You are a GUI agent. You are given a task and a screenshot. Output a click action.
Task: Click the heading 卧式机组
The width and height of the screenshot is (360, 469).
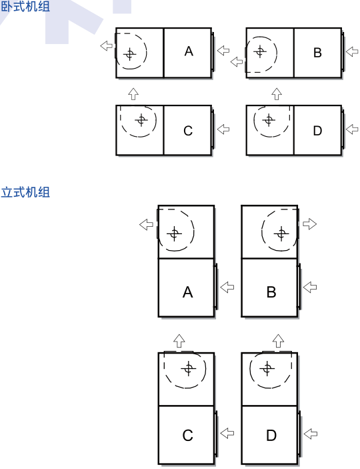(25, 6)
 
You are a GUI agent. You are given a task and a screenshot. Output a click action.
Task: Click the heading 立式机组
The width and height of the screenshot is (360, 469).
(25, 192)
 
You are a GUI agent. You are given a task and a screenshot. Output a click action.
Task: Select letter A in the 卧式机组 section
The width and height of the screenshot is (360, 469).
(189, 51)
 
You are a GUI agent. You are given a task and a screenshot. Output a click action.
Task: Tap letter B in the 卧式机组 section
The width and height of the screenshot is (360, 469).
(317, 53)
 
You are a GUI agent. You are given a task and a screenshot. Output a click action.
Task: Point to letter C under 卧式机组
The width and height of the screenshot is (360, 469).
(188, 131)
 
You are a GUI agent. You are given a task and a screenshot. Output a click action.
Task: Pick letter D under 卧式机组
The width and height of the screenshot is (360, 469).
(317, 131)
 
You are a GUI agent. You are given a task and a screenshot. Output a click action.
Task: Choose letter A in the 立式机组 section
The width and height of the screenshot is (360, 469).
(188, 292)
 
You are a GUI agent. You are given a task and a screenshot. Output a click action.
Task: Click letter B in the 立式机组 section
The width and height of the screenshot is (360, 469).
(271, 292)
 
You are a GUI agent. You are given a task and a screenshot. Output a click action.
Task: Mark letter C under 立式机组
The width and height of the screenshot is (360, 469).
(188, 436)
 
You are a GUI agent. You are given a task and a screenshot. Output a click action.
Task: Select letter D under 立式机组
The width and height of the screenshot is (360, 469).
(271, 436)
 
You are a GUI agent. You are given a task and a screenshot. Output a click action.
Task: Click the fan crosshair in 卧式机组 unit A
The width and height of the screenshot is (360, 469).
(130, 54)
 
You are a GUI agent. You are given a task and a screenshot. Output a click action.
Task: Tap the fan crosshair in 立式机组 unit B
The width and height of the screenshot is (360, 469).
(281, 233)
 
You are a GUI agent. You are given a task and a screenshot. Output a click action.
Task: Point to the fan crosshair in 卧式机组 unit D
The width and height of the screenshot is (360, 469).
(269, 120)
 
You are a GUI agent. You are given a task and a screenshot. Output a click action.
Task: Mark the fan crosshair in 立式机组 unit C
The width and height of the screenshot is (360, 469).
(189, 368)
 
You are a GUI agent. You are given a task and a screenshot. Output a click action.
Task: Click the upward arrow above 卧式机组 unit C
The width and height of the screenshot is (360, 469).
(133, 94)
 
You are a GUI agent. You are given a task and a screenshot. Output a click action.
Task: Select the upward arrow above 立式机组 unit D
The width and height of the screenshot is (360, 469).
(279, 341)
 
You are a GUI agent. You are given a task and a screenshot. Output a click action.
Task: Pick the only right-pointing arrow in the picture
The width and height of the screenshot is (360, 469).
(309, 223)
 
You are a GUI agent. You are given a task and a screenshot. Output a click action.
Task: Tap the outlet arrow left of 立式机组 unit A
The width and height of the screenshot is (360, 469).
(146, 225)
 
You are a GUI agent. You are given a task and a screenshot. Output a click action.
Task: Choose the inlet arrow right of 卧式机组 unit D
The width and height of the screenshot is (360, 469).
(352, 129)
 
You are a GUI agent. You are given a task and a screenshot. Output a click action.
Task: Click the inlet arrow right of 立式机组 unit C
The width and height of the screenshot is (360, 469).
(227, 433)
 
